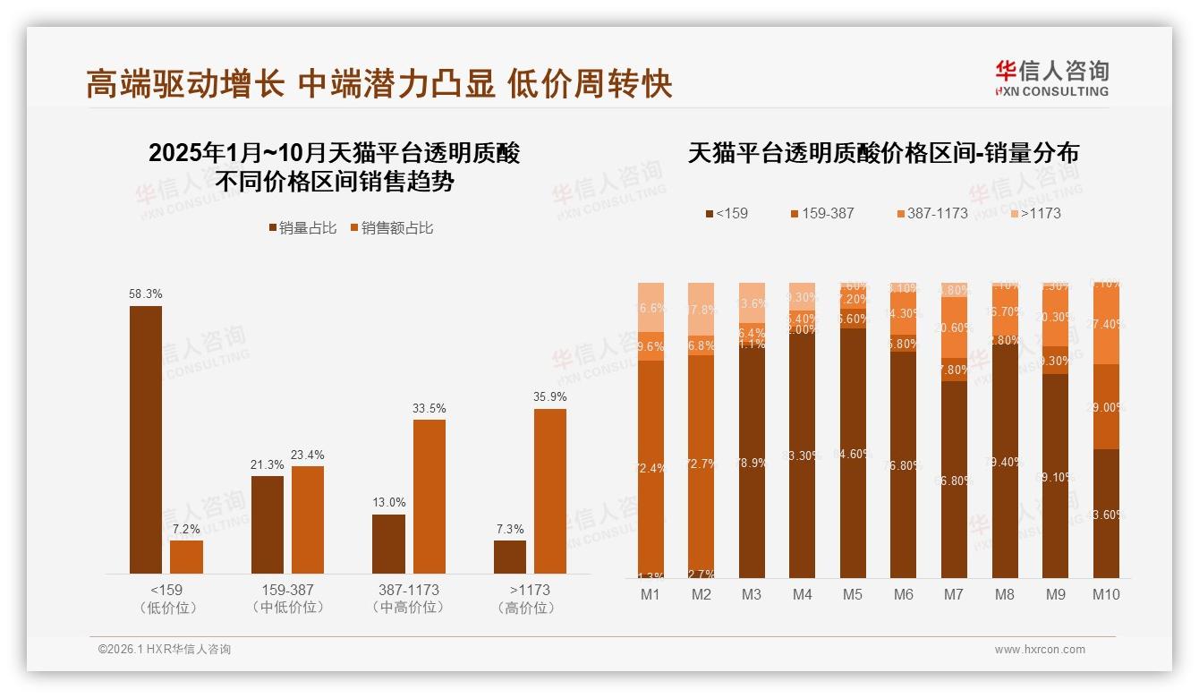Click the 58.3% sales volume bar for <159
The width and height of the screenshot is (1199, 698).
point(146,439)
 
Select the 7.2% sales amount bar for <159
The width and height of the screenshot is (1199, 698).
point(186,557)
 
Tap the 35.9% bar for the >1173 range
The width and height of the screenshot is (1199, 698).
point(550,490)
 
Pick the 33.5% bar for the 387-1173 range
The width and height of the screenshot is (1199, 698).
point(429,496)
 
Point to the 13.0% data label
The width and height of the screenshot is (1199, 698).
point(388,503)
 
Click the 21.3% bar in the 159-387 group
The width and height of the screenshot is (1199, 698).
point(268,524)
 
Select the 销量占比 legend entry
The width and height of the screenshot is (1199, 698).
point(302,228)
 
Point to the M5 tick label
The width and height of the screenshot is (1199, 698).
point(853,594)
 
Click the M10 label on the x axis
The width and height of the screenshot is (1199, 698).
point(1106,594)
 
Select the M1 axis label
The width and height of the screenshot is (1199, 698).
point(651,594)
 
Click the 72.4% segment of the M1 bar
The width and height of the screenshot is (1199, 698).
point(651,468)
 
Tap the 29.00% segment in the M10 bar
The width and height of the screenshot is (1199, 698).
point(1106,406)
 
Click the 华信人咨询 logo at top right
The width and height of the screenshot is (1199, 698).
point(1051,78)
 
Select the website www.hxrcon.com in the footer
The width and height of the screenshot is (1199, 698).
point(1039,650)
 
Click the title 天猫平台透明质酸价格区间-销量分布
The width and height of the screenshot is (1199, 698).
point(883,153)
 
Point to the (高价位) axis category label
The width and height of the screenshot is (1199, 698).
point(529,608)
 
